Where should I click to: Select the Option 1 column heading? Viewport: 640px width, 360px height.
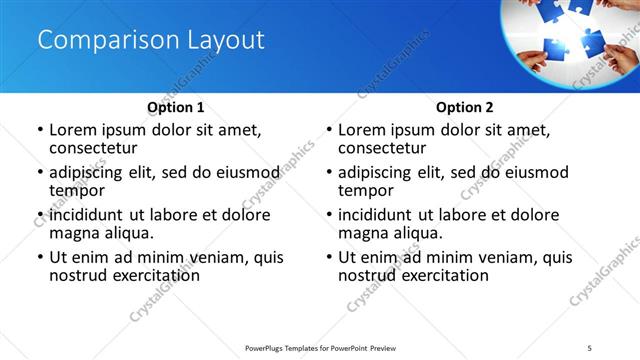pyautogui.click(x=176, y=107)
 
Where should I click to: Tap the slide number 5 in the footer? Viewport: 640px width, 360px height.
pyautogui.click(x=601, y=347)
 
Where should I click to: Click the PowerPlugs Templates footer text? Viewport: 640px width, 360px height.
pyautogui.click(x=319, y=347)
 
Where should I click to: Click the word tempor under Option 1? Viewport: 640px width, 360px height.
pyautogui.click(x=77, y=190)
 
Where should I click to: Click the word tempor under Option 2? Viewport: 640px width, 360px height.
pyautogui.click(x=366, y=190)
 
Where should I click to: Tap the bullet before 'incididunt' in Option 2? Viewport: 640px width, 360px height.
pyautogui.click(x=329, y=216)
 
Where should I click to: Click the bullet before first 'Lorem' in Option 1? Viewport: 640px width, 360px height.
pyautogui.click(x=40, y=131)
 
